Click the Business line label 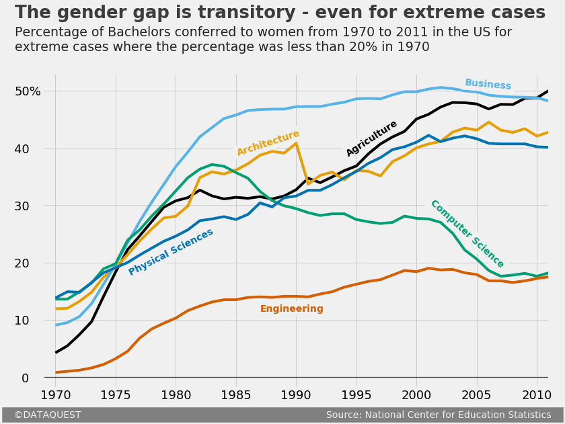(488, 85)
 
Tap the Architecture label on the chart (268, 143)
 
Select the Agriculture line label (371, 138)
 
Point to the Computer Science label (467, 234)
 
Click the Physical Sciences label (171, 252)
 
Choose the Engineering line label (291, 309)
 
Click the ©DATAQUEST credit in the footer (47, 415)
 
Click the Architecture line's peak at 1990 (296, 143)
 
